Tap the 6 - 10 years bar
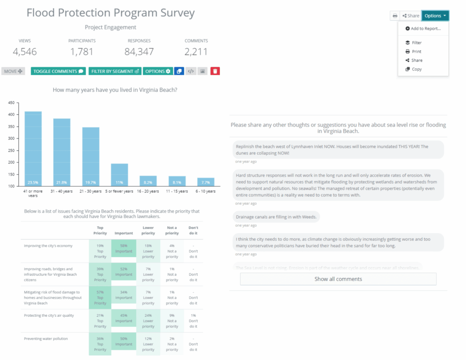click(206, 182)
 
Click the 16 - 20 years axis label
click(148, 192)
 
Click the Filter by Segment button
click(115, 71)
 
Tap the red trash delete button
click(215, 71)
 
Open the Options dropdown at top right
click(435, 16)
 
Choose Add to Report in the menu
click(423, 29)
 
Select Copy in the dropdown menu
click(416, 69)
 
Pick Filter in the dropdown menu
click(416, 43)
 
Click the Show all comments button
click(338, 279)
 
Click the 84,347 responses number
click(139, 52)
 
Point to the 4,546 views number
click(25, 52)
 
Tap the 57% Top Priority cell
click(100, 298)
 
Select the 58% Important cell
click(124, 251)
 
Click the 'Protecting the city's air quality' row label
click(49, 315)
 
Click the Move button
click(13, 71)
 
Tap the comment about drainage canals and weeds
click(277, 217)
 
